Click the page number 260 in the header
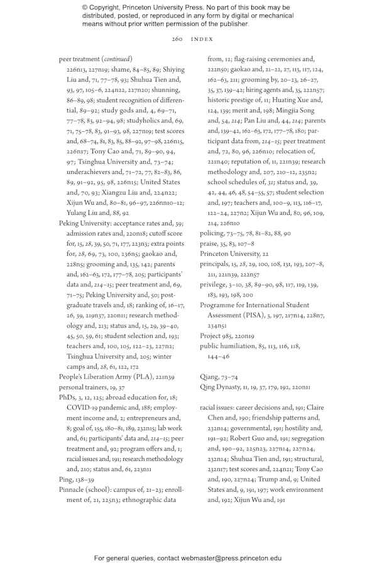[x=177, y=39]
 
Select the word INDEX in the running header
[x=202, y=39]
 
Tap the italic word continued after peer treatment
[x=117, y=58]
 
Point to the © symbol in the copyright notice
[x=85, y=8]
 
